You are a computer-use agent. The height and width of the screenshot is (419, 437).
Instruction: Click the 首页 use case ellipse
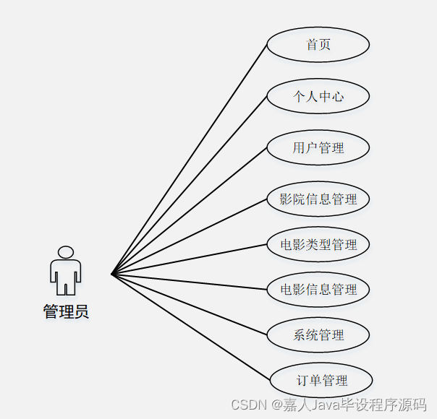point(318,44)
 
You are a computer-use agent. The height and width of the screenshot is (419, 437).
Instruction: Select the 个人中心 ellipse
point(318,96)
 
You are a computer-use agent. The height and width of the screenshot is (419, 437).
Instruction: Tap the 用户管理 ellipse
point(318,148)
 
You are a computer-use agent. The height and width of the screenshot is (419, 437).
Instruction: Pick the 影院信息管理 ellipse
point(318,199)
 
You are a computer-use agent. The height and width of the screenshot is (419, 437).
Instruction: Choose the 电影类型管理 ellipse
point(318,244)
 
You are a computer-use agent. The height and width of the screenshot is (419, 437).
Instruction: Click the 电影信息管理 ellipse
point(318,290)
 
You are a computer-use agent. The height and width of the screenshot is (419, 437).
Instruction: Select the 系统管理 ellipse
point(318,335)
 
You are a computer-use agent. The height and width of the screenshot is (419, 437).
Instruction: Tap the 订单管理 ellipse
point(321,381)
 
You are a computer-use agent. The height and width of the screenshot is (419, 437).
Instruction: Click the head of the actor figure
point(66,252)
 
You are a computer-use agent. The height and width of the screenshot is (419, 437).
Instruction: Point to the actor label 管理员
point(66,312)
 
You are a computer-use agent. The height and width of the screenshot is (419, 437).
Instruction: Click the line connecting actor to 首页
point(190,159)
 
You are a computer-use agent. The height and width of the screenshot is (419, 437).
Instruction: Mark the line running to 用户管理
point(190,211)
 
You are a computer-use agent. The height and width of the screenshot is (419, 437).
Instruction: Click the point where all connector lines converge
point(112,274)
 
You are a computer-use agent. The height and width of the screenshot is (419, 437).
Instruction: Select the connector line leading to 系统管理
point(190,304)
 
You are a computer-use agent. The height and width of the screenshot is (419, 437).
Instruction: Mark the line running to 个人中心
point(190,185)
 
